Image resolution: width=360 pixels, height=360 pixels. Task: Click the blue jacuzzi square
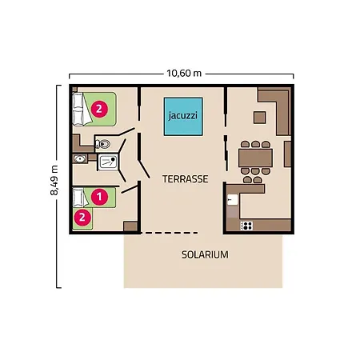pyautogui.click(x=183, y=114)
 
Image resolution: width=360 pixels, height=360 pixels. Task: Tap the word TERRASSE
pyautogui.click(x=185, y=180)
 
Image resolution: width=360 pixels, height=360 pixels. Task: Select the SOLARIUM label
pyautogui.click(x=205, y=255)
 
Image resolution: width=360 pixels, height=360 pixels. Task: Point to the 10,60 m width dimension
pyautogui.click(x=183, y=73)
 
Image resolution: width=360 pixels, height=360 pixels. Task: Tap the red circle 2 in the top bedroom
pyautogui.click(x=99, y=108)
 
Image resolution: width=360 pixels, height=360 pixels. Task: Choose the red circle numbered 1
pyautogui.click(x=99, y=194)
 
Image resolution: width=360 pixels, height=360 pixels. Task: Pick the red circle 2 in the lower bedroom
pyautogui.click(x=81, y=215)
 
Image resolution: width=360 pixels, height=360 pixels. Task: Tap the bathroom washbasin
pyautogui.click(x=79, y=159)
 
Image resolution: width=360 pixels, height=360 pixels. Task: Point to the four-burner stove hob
pyautogui.click(x=247, y=226)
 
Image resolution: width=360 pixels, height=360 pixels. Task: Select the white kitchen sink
pyautogui.click(x=232, y=200)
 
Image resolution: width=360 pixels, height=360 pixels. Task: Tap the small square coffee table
pyautogui.click(x=258, y=118)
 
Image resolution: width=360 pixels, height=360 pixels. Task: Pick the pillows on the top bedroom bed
pyautogui.click(x=78, y=109)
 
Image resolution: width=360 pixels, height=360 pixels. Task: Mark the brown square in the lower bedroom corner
pyautogui.click(x=130, y=226)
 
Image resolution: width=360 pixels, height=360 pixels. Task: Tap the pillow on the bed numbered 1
pyautogui.click(x=78, y=194)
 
